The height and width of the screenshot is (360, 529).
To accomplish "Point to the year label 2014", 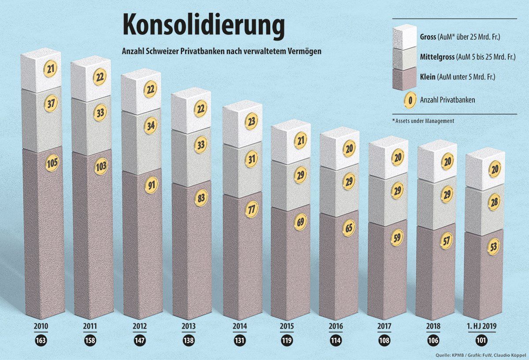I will pyautogui.click(x=240, y=327).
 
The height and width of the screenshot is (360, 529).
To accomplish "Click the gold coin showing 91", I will pyautogui.click(x=151, y=184).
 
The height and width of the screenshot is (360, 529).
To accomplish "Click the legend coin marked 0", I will pyautogui.click(x=410, y=100).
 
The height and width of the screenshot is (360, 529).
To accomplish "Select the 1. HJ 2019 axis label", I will pyautogui.click(x=484, y=327).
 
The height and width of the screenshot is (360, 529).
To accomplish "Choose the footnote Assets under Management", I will pyautogui.click(x=423, y=120).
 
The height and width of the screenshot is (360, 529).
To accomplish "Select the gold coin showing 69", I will pyautogui.click(x=301, y=221).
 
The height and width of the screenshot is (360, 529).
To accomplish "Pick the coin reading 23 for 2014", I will pyautogui.click(x=251, y=122).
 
